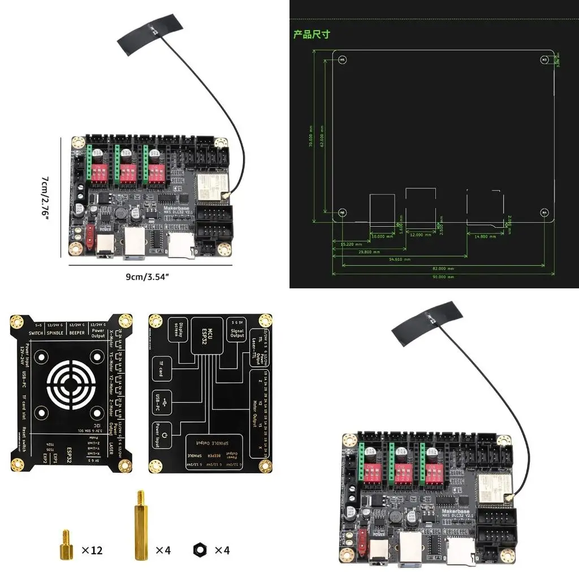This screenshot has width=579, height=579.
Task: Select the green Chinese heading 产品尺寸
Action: tap(311, 34)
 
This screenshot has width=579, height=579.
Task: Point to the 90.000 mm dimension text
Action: tap(443, 277)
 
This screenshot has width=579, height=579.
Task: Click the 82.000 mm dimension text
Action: tap(443, 268)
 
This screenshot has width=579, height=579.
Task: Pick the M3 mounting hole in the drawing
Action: tap(544, 59)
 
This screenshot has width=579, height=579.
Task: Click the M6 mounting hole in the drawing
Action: tap(342, 213)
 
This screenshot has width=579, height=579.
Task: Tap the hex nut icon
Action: tap(200, 549)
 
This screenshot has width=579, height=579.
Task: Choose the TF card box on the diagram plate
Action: tap(162, 371)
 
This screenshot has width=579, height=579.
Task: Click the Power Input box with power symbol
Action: tap(161, 436)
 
